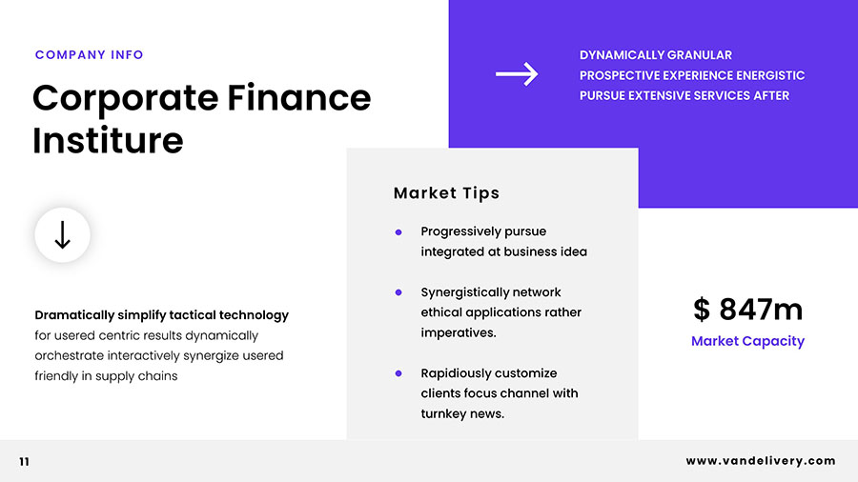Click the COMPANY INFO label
[90, 54]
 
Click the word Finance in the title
[298, 98]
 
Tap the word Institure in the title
[108, 140]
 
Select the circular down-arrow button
[62, 235]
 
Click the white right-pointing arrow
[517, 73]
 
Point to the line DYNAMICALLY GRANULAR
[656, 55]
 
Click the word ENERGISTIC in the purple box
[770, 75]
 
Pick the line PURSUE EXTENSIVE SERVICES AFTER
[684, 95]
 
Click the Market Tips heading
[446, 193]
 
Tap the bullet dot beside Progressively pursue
[398, 232]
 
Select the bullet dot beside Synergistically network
[398, 292]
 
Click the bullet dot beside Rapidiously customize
[398, 373]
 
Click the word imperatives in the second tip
[458, 332]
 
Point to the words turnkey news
[462, 413]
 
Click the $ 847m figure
[748, 310]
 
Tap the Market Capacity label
[748, 341]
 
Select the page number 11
[24, 462]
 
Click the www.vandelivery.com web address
[761, 461]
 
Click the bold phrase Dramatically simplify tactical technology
[161, 315]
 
